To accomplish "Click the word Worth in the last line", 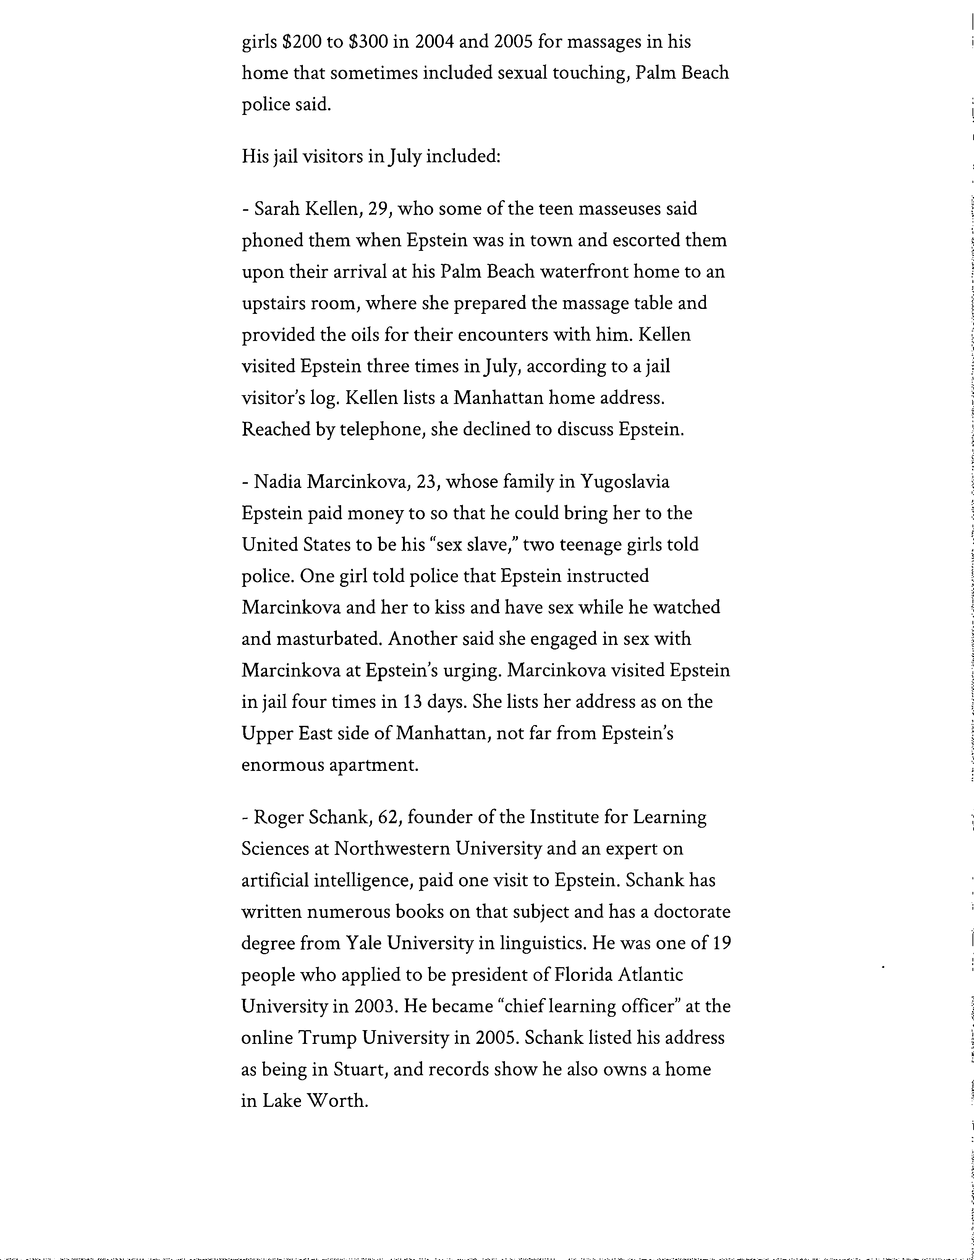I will (340, 1101).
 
